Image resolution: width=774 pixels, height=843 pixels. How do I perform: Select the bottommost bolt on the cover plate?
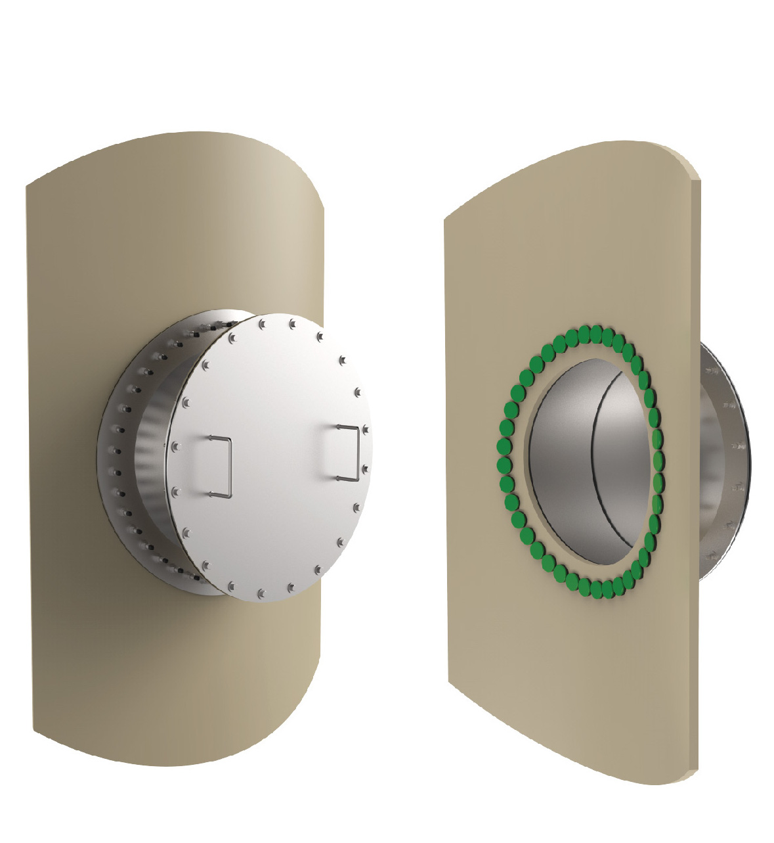[x=261, y=593]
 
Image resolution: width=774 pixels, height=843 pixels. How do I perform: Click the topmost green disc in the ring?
[x=595, y=334]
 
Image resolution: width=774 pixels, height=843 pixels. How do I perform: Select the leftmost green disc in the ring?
[x=504, y=465]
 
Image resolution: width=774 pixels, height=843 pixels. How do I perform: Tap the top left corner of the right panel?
[x=446, y=219]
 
